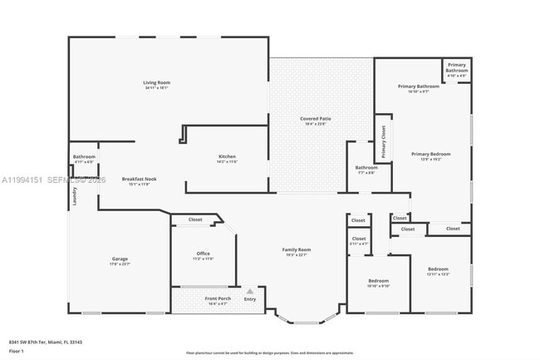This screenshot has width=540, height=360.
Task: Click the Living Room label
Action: tap(156, 83)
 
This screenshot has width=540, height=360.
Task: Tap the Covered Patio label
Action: tap(316, 119)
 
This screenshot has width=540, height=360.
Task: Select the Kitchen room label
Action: tap(227, 157)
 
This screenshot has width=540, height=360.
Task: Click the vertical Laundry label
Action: tap(74, 195)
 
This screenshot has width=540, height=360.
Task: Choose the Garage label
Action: tap(120, 259)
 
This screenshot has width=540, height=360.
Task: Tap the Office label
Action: tap(204, 254)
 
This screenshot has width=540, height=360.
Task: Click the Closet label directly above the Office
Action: tap(195, 219)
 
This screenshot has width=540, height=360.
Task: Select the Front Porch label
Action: tap(218, 298)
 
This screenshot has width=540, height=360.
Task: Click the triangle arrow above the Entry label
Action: tap(249, 291)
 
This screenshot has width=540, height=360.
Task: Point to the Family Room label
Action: tap(297, 249)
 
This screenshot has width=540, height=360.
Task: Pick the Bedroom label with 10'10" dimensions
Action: tap(378, 281)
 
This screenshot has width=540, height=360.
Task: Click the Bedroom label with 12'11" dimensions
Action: tap(438, 269)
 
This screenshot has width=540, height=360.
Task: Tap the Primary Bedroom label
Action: tap(430, 154)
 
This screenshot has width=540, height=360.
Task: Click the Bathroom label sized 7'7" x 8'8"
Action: tap(366, 168)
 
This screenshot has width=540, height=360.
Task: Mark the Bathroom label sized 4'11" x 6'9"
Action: tap(84, 156)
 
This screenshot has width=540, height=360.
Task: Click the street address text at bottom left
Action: tap(45, 342)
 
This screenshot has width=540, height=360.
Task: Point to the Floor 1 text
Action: tap(17, 351)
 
